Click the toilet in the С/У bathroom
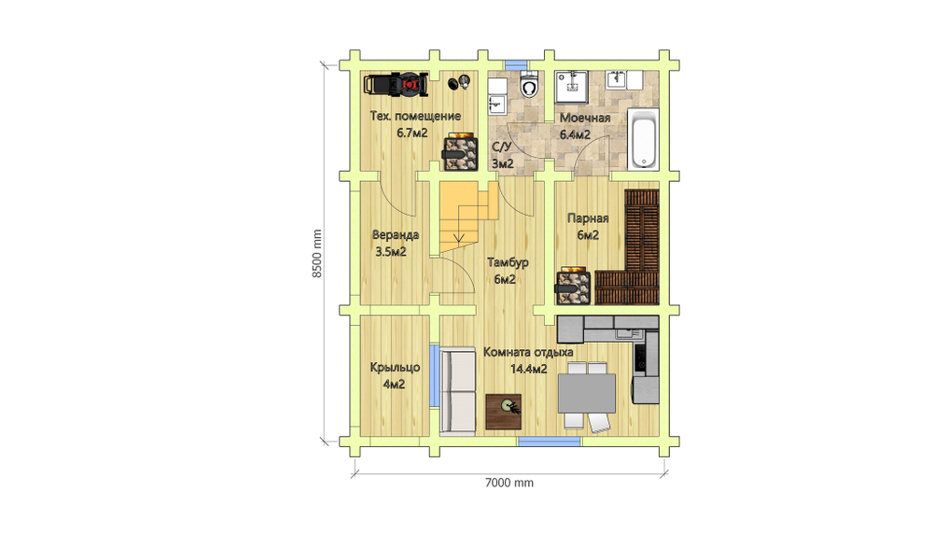(528, 85)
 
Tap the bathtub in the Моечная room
(643, 139)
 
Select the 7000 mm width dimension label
(509, 483)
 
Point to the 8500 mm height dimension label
(317, 253)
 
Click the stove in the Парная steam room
(573, 288)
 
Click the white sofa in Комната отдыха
(457, 391)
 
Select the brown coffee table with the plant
(504, 412)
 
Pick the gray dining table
(587, 392)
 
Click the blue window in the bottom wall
(550, 442)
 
